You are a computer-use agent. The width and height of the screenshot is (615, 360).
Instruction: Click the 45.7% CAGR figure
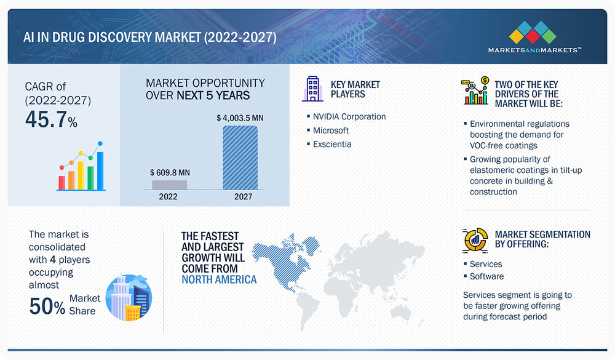click(x=52, y=119)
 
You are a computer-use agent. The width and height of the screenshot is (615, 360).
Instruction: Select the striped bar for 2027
click(x=240, y=158)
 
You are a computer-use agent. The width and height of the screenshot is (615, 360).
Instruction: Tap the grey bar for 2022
click(x=170, y=185)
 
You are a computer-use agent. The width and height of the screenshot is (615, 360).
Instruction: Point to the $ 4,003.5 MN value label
click(x=240, y=118)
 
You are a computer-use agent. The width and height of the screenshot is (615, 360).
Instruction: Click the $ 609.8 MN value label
click(x=170, y=173)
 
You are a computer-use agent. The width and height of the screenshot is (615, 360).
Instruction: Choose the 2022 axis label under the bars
click(x=169, y=197)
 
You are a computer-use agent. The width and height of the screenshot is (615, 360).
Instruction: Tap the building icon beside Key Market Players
click(x=312, y=89)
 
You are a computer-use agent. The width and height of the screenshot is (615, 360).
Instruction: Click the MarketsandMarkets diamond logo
click(x=533, y=32)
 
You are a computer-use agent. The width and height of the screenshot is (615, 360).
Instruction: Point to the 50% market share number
click(x=47, y=306)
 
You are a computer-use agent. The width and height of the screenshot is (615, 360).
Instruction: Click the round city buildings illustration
click(x=129, y=298)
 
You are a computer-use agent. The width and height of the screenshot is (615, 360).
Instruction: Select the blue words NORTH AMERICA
click(x=219, y=279)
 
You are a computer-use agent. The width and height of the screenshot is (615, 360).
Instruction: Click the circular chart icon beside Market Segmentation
click(x=475, y=239)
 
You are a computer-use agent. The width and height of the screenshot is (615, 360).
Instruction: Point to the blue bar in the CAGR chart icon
click(x=100, y=171)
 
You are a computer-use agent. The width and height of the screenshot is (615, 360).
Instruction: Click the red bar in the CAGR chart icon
click(x=61, y=183)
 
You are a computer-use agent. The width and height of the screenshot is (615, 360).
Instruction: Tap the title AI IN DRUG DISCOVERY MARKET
click(x=112, y=38)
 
